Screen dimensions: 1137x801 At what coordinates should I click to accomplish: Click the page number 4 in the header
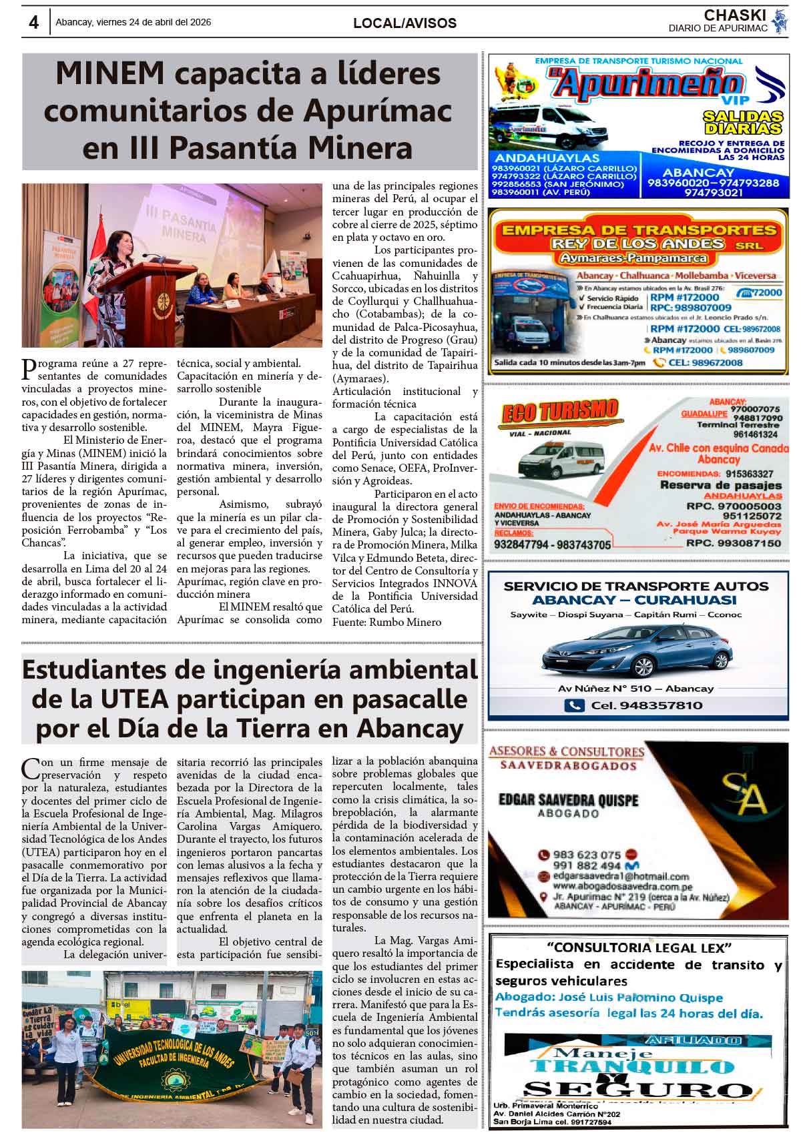pos(33,23)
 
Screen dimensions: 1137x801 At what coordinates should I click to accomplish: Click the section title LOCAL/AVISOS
pos(405,23)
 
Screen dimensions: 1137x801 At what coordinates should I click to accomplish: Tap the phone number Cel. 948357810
pos(646,705)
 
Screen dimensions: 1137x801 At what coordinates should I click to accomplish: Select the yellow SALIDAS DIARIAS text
pos(743,123)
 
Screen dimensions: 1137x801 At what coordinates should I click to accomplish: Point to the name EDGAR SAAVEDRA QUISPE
pos(568,799)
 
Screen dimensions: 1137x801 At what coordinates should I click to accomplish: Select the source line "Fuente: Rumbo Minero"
pos(387,622)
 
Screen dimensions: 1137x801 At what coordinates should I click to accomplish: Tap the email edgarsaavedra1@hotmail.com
pos(621,876)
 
